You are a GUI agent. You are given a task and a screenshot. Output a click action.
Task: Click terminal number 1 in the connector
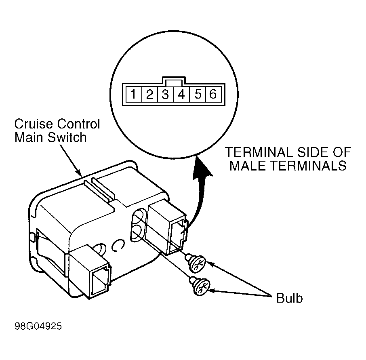(x=133, y=94)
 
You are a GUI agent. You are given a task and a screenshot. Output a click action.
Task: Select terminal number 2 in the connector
(x=149, y=94)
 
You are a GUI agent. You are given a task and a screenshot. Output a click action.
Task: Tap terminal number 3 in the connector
(x=166, y=94)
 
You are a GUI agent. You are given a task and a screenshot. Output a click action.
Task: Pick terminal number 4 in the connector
(x=182, y=94)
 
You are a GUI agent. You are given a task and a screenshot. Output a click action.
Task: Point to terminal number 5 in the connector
(x=198, y=94)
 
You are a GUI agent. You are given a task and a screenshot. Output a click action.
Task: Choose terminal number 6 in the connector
(x=213, y=94)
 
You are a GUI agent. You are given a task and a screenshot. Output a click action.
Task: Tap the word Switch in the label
(x=67, y=137)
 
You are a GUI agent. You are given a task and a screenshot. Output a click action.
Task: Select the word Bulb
(x=289, y=298)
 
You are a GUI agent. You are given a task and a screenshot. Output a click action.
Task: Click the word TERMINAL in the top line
(x=259, y=152)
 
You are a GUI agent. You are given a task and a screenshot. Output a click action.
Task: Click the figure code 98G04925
(x=38, y=326)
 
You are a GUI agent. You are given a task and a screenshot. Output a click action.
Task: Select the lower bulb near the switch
(x=200, y=286)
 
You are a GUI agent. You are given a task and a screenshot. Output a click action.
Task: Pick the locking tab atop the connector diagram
(x=174, y=80)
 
